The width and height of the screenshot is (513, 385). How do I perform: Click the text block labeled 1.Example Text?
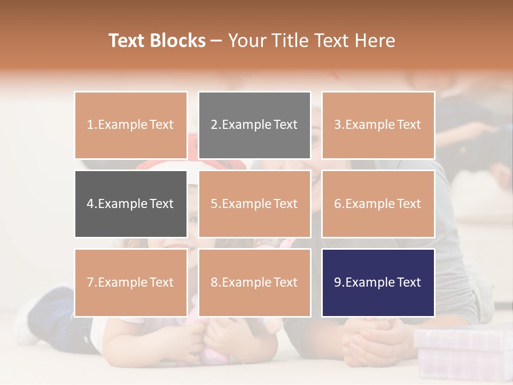coord(130,125)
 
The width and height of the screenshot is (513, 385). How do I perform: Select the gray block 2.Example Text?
coord(254,125)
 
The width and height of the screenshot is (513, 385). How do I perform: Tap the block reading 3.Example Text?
coord(378,125)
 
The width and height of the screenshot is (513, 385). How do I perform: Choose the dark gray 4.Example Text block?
coord(130,204)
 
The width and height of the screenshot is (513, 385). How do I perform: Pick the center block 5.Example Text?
coord(254,204)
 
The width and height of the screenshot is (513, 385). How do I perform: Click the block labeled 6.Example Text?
coord(378,204)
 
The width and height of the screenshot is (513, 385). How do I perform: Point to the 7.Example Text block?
coord(130,282)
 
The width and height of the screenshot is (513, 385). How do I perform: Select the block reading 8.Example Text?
coord(254,282)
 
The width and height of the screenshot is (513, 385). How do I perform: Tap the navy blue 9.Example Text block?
coord(378,282)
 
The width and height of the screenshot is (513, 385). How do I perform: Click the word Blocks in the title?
coord(177,41)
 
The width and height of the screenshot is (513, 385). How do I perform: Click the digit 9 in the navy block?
coord(338,283)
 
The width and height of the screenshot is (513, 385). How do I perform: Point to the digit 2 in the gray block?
coord(214,125)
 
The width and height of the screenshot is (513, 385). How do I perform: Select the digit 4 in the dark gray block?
coord(90,204)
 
